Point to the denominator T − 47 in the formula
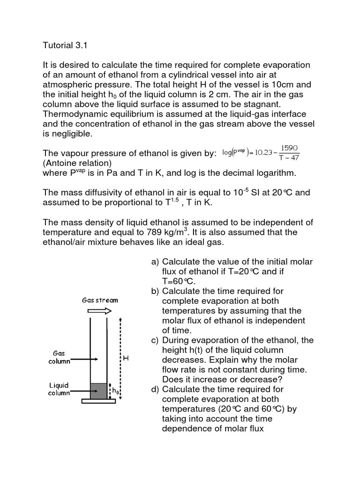[289, 157]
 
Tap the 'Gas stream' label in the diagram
[100, 300]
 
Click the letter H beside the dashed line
[125, 358]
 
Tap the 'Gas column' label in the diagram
[60, 357]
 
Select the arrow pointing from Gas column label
[85, 360]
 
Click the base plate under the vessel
[98, 401]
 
